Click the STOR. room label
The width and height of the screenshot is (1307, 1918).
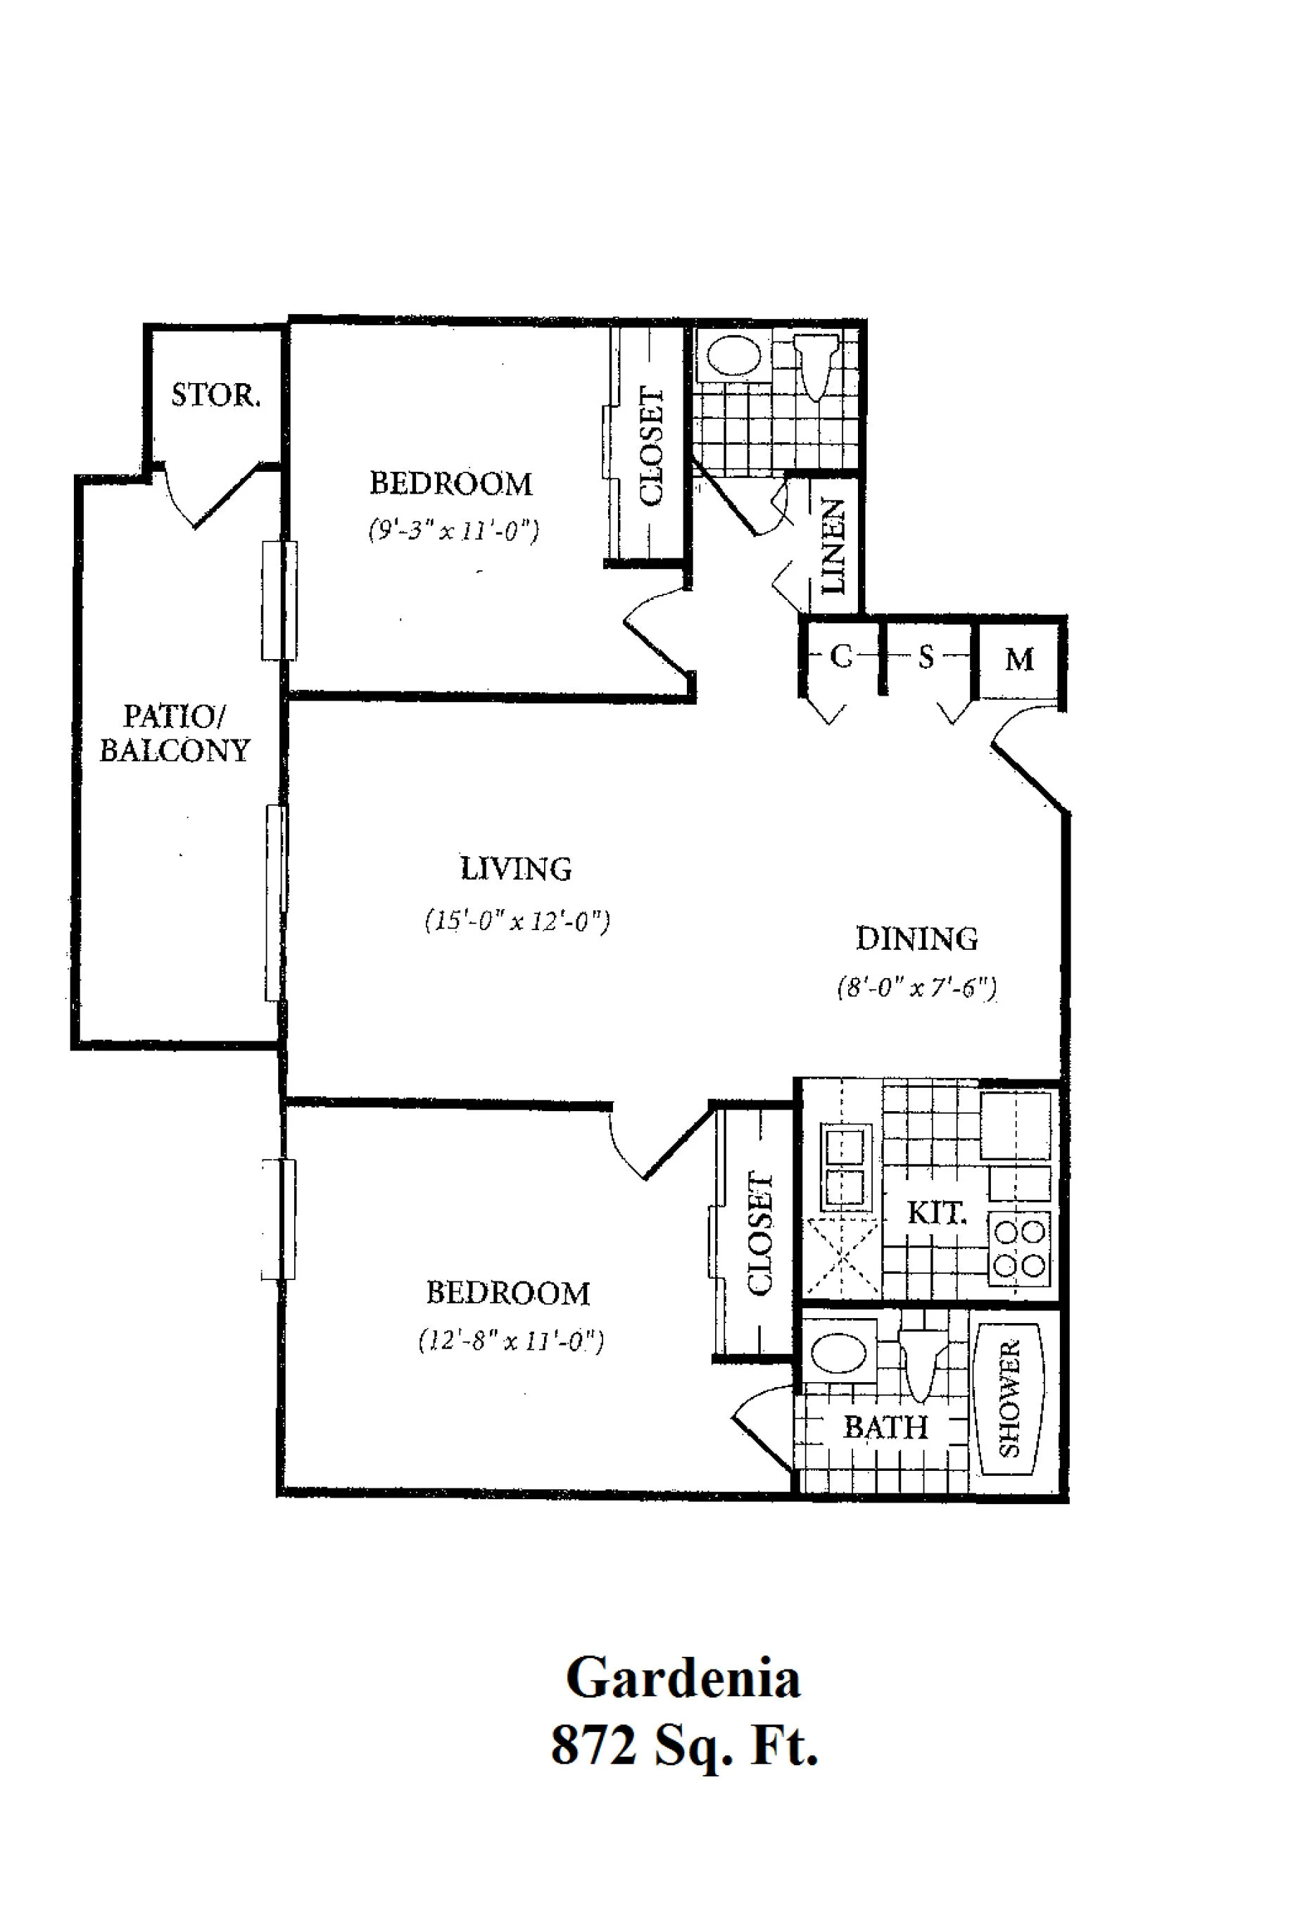click(x=215, y=395)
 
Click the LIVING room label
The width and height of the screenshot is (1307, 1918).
click(x=516, y=869)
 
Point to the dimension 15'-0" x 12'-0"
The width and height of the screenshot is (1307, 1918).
click(x=517, y=920)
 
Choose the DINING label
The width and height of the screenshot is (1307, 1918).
click(x=916, y=939)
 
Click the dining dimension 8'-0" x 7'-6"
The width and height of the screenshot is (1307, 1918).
click(x=916, y=988)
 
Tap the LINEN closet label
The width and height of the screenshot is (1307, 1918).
click(x=834, y=546)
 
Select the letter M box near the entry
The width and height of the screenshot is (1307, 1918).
click(x=1019, y=660)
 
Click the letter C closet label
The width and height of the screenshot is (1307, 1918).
click(x=840, y=657)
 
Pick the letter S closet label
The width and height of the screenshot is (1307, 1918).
click(x=926, y=657)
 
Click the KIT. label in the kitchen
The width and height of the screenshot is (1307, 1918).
click(x=937, y=1213)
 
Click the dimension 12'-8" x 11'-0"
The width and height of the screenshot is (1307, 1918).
click(x=511, y=1341)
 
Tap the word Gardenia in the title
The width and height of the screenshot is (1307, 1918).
click(x=683, y=1679)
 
